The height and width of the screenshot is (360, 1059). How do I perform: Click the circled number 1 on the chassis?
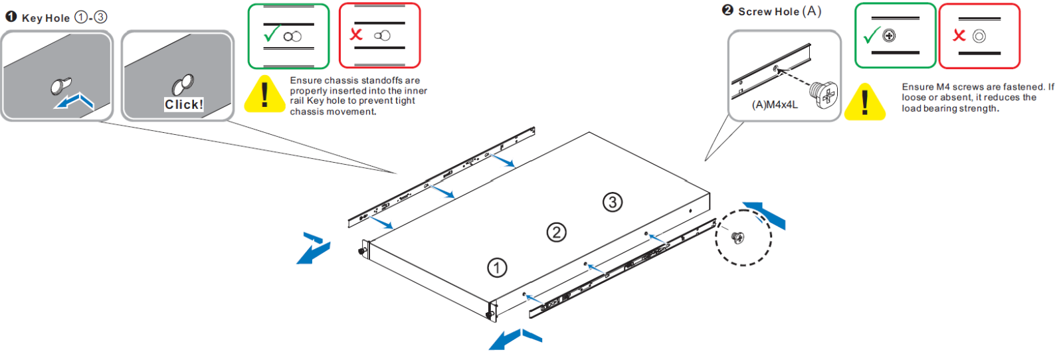coord(497,268)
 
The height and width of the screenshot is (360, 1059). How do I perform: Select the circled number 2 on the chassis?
coord(557,232)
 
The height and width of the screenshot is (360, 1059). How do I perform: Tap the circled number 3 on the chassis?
coord(613,202)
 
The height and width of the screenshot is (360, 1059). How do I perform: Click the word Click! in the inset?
coord(184,104)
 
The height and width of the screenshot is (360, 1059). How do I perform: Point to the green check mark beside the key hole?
coord(272,34)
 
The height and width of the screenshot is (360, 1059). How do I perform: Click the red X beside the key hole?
coord(356,34)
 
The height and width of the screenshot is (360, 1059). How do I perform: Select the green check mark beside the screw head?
coord(872,35)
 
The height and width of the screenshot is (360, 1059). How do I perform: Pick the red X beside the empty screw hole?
coord(959,35)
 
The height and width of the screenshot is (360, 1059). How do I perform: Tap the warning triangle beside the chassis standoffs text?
coord(264,94)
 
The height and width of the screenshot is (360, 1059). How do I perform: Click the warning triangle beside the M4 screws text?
coord(865,102)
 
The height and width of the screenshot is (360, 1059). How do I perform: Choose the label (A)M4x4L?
coord(775,105)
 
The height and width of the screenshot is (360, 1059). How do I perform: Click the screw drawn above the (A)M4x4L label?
coord(824,94)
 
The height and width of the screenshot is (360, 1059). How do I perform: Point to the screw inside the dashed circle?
coord(737,237)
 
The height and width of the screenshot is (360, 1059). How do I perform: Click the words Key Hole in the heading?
coord(46,19)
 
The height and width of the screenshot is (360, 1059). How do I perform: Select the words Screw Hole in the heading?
coord(769,12)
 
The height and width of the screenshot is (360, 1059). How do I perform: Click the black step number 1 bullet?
coord(11,17)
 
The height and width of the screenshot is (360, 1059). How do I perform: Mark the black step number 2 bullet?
coord(728,11)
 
